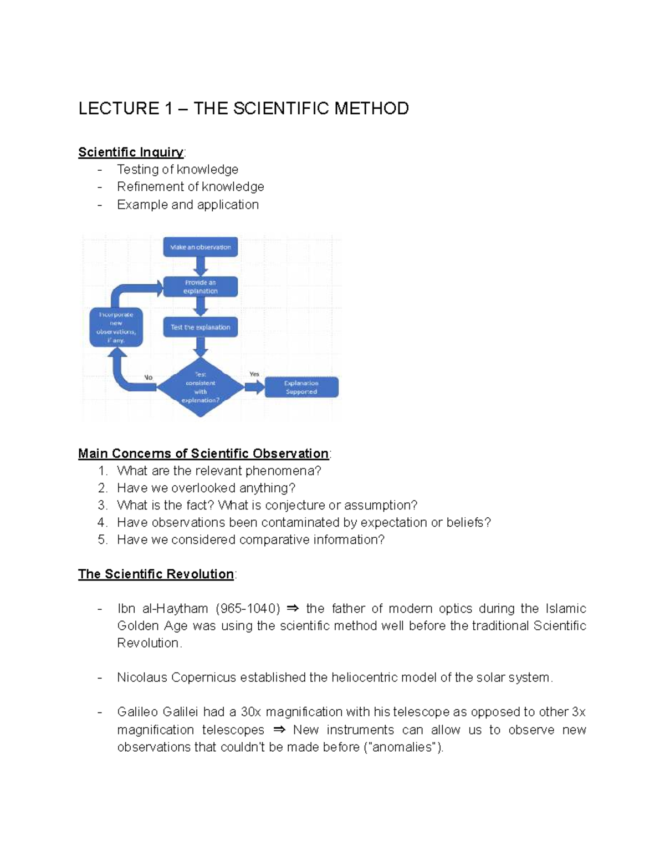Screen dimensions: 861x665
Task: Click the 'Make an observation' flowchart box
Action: pyautogui.click(x=200, y=247)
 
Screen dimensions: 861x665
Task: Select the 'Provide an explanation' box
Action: pyautogui.click(x=200, y=287)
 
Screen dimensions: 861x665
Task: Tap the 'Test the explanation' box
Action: pyautogui.click(x=200, y=327)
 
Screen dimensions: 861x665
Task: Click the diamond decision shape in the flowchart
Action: pyautogui.click(x=200, y=387)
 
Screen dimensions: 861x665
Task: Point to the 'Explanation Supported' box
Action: pyautogui.click(x=301, y=387)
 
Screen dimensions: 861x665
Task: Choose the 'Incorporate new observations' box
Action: pyautogui.click(x=116, y=327)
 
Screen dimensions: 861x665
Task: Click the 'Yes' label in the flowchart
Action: pyautogui.click(x=254, y=374)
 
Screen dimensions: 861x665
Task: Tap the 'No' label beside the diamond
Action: pyautogui.click(x=148, y=378)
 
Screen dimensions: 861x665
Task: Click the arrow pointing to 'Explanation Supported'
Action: pyautogui.click(x=254, y=387)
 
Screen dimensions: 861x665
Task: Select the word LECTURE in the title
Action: pyautogui.click(x=119, y=108)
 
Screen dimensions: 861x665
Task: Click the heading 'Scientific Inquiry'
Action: pyautogui.click(x=131, y=152)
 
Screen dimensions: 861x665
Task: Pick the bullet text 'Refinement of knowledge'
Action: pyautogui.click(x=190, y=187)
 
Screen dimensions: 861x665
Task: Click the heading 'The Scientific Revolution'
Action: pyautogui.click(x=156, y=574)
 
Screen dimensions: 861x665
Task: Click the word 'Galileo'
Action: pyautogui.click(x=140, y=712)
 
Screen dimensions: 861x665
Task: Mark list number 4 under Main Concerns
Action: pyautogui.click(x=102, y=522)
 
